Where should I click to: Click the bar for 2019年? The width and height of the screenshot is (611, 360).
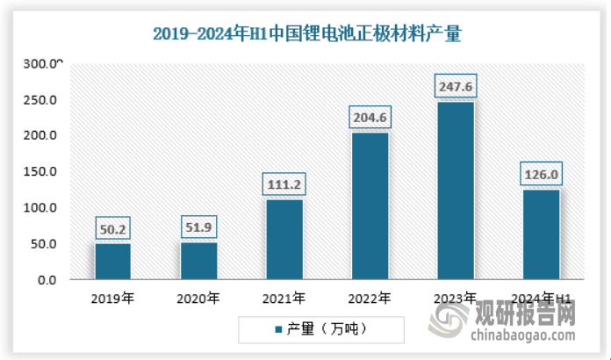113,261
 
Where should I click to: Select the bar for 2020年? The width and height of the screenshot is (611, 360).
198,261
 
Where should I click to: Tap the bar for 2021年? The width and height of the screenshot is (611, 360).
284,239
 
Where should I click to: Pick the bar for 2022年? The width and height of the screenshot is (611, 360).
370,205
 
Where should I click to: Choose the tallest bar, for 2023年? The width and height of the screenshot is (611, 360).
455,191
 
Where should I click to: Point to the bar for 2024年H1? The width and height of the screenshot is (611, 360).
541,234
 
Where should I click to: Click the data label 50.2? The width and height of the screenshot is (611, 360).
113,230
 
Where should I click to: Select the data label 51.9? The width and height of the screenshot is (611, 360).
198,229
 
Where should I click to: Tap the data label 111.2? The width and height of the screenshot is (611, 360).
284,185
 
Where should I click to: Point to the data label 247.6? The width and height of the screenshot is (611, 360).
455,87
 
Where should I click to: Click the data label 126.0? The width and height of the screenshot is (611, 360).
541,175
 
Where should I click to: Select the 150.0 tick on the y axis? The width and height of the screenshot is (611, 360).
41,171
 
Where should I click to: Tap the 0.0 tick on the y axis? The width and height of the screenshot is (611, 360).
47,279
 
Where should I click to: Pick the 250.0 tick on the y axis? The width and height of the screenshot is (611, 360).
41,100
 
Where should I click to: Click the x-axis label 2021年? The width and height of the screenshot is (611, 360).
284,299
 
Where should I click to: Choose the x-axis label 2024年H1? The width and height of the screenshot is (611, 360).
541,299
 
